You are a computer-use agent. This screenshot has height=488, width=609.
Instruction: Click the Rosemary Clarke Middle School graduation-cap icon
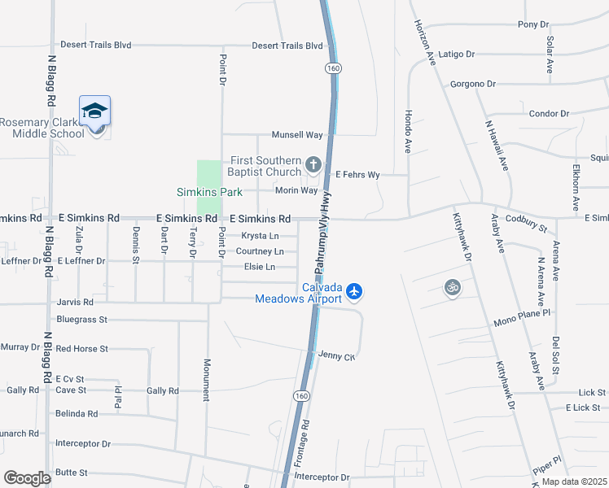[95, 111]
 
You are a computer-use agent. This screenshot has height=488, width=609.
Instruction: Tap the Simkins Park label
[208, 193]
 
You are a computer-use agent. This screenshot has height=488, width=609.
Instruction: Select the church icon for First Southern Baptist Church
[313, 166]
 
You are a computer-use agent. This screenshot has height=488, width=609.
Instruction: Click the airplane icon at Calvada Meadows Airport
[353, 290]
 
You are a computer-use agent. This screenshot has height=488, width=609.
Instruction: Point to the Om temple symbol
[453, 287]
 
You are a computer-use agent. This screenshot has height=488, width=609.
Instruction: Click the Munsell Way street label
[297, 135]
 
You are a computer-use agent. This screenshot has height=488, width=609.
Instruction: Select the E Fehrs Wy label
[357, 174]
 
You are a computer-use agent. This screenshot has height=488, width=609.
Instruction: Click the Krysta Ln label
[261, 236]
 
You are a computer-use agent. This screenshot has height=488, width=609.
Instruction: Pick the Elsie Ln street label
[260, 267]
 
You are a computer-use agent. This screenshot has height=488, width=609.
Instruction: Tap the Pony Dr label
[533, 25]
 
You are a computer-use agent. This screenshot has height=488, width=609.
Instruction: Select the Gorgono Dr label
[473, 84]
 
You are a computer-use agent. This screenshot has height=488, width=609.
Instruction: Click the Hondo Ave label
[409, 131]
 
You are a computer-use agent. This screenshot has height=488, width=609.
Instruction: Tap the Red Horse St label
[81, 349]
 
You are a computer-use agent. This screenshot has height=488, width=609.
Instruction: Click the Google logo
[28, 478]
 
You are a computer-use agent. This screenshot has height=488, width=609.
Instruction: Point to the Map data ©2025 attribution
[573, 481]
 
